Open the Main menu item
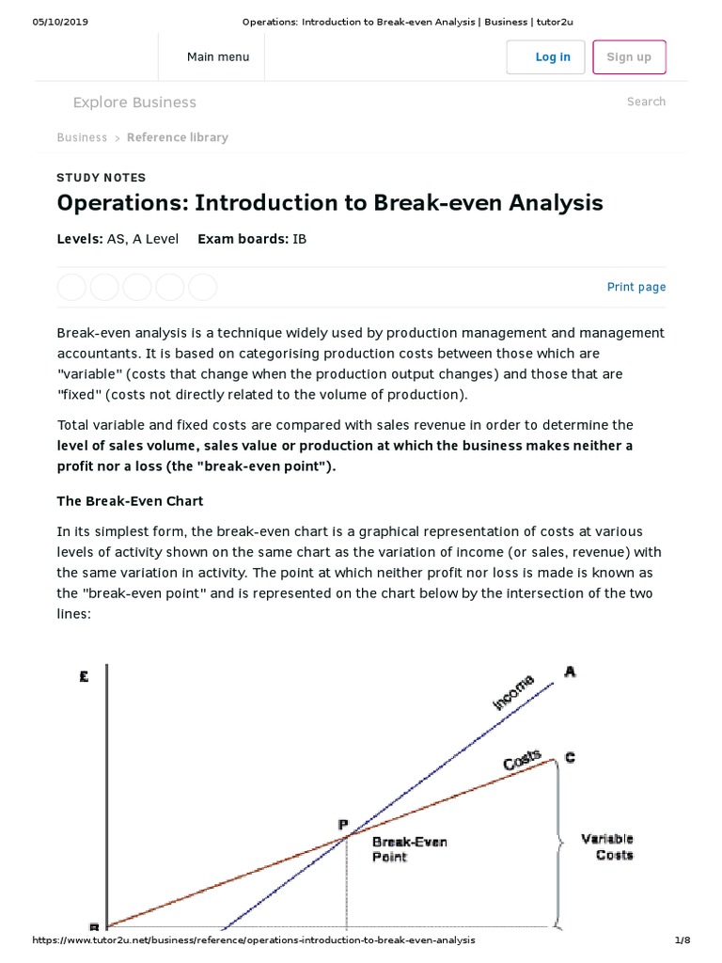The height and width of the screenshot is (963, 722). point(218,57)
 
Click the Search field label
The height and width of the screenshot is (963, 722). point(646,102)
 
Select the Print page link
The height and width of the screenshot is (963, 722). point(636,287)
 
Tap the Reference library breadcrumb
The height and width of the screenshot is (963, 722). point(177,137)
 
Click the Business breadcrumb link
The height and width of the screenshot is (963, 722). point(82,137)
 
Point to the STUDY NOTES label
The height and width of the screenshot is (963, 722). point(102,178)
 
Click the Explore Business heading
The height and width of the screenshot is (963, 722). point(134,103)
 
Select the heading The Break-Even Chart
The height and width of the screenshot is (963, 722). point(130,501)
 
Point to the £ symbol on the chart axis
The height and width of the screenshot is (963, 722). point(85,675)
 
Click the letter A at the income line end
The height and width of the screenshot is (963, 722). point(570,671)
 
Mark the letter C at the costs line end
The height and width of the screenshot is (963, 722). point(570,757)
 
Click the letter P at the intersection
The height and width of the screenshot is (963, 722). point(343,824)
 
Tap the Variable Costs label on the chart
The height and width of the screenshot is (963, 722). point(607,846)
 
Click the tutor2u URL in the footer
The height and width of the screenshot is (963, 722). point(254,939)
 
